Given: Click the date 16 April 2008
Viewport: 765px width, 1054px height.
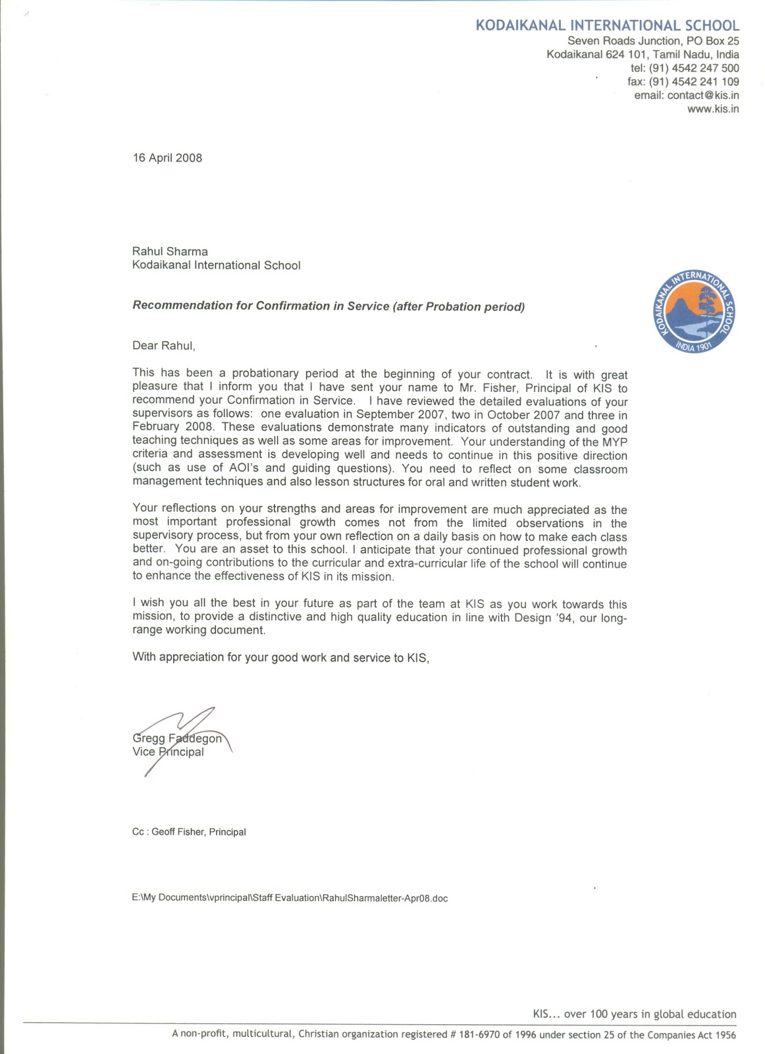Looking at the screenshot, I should pyautogui.click(x=167, y=158).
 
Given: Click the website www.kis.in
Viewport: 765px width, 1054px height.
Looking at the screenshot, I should pyautogui.click(x=712, y=109).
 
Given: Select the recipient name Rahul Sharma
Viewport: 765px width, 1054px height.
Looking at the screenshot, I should pyautogui.click(x=170, y=252).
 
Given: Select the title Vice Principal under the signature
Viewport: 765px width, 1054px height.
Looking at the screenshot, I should pyautogui.click(x=168, y=752).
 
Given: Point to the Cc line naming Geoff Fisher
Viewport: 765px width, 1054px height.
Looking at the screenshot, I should pyautogui.click(x=189, y=832).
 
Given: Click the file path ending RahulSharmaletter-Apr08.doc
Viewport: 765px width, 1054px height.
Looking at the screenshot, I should pyautogui.click(x=290, y=898).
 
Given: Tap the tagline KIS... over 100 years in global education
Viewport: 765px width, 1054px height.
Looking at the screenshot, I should pyautogui.click(x=634, y=1014).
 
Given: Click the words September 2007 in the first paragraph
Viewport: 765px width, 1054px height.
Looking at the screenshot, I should pyautogui.click(x=396, y=415).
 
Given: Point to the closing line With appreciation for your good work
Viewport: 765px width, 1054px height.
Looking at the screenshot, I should pyautogui.click(x=280, y=657).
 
